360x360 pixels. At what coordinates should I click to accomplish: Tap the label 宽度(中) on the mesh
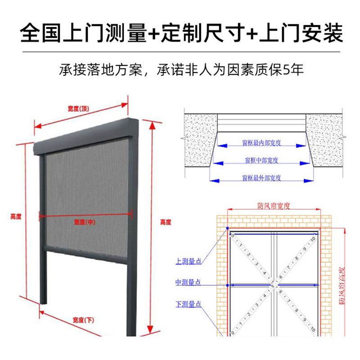point(85,222)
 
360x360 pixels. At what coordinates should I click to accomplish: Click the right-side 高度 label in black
point(166,222)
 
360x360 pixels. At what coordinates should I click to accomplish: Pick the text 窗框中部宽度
point(261,160)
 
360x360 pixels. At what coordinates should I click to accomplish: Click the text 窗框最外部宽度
point(261,178)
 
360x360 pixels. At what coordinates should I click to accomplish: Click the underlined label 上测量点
point(188,260)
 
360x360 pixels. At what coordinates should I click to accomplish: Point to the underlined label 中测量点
point(188,283)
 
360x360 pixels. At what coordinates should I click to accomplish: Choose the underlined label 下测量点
point(188,305)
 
